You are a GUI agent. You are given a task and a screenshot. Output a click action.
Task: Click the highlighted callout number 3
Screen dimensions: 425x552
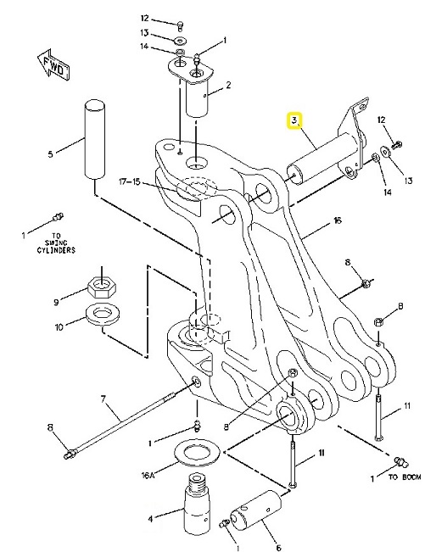[294, 120]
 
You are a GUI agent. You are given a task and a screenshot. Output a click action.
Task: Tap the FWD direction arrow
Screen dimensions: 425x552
[54, 66]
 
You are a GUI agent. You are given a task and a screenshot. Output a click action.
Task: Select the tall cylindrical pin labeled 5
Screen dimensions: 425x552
[95, 140]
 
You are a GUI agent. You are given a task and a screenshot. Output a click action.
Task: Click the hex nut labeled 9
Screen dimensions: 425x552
[102, 287]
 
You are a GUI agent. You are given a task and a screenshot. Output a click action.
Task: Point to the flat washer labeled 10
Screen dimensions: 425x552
[103, 315]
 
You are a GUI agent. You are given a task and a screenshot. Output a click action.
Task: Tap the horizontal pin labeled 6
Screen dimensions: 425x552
[255, 509]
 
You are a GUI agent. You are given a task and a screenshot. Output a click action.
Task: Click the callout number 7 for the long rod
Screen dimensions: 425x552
[103, 399]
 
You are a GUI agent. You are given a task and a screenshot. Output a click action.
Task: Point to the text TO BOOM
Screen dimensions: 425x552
[405, 477]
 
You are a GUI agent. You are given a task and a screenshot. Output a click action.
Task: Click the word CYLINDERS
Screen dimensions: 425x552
[56, 250]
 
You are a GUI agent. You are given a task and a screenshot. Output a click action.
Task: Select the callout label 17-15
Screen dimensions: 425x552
[129, 181]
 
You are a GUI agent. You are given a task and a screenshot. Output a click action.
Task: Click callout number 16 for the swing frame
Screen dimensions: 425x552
[338, 220]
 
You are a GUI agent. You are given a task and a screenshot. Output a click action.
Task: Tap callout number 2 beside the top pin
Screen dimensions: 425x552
[228, 85]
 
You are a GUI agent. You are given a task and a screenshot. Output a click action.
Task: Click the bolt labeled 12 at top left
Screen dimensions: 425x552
[180, 25]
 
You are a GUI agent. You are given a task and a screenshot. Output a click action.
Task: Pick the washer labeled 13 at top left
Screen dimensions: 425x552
[181, 41]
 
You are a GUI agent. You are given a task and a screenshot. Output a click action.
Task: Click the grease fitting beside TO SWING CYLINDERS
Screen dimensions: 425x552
[58, 216]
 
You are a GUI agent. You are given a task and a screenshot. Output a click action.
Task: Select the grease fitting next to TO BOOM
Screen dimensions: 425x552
[401, 461]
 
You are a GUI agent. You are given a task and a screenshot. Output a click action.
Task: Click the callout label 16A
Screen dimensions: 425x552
[148, 476]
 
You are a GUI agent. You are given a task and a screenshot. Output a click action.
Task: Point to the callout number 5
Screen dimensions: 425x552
[50, 153]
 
